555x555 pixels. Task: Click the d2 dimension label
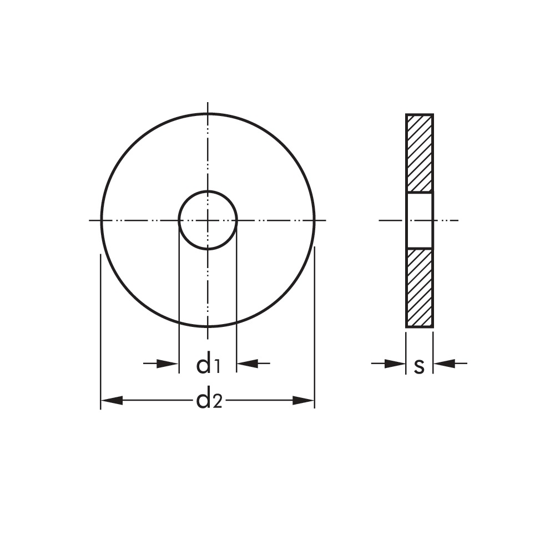(209, 401)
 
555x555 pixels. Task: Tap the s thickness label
(420, 367)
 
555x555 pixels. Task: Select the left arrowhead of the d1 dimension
(168, 363)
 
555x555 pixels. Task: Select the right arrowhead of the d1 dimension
(248, 363)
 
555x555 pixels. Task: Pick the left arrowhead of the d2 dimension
(112, 401)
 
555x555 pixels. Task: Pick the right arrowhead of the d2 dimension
(304, 401)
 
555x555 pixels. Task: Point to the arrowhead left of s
(395, 363)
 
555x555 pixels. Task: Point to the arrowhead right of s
(444, 363)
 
